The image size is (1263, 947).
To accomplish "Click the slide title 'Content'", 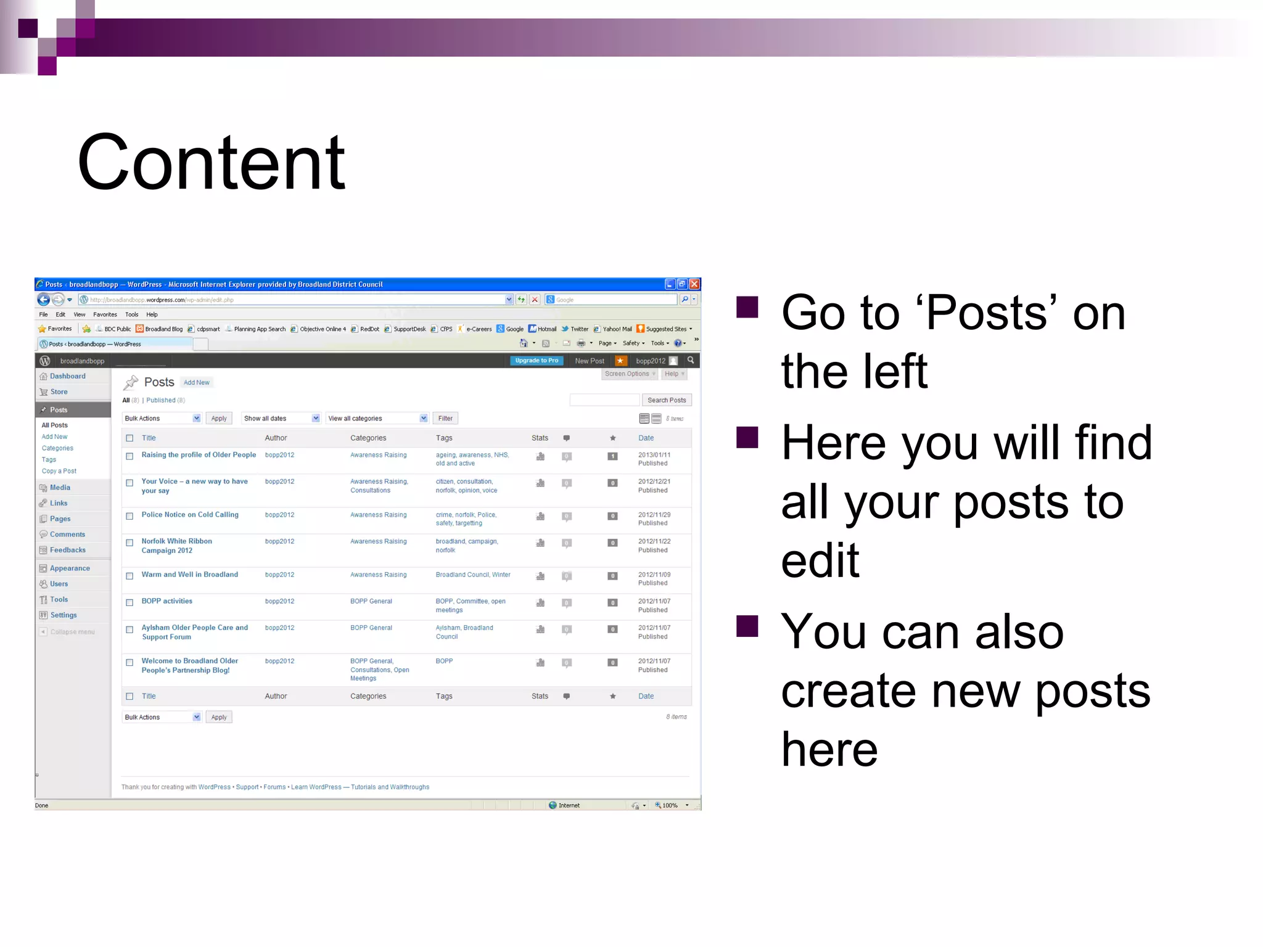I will pos(211,163).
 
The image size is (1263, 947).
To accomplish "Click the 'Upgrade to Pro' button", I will pos(536,361).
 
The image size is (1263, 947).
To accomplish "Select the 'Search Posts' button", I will pos(666,400).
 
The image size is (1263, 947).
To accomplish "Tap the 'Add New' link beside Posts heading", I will pos(196,383).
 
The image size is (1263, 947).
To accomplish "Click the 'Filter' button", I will pos(445,419).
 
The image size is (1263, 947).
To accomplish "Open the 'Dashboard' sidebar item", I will pos(67,376).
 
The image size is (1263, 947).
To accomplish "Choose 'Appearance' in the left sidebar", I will pos(70,568).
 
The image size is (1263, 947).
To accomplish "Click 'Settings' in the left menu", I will pos(63,615).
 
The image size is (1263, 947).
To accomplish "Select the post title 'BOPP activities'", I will pos(167,601).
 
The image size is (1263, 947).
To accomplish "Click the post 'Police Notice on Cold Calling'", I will pos(189,515).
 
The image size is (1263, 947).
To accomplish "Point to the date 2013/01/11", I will pos(654,455).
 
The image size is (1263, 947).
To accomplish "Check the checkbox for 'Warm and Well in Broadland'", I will pos(130,576).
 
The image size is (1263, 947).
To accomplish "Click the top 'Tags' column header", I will pos(443,438).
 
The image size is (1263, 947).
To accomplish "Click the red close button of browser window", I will pos(694,284).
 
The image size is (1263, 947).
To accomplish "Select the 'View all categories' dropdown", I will pos(377,419).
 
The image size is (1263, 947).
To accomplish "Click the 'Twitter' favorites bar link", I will pos(578,329).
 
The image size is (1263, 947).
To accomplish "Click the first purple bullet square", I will pos(747,307).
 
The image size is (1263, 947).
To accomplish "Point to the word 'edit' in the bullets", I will pos(820,560).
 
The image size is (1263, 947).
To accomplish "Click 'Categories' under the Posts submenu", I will pos(57,448).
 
